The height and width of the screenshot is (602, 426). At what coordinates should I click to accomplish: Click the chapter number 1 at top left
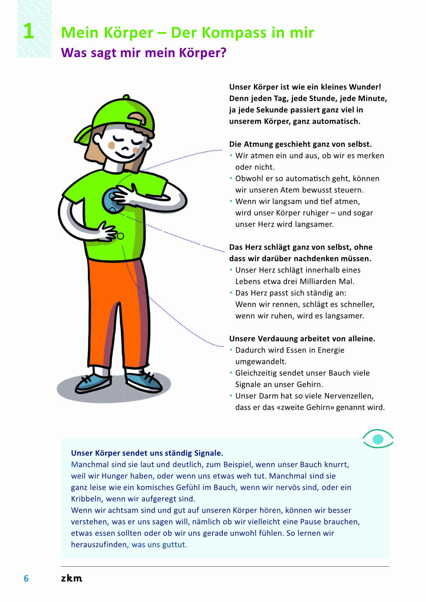[29, 31]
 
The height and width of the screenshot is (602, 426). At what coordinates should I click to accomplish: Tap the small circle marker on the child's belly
[121, 236]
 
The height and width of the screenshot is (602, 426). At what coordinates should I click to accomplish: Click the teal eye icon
[378, 439]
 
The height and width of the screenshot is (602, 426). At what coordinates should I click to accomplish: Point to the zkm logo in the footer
[72, 578]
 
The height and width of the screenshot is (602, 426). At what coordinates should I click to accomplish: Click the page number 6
[26, 578]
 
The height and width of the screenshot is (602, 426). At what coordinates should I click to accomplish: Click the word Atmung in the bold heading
[259, 144]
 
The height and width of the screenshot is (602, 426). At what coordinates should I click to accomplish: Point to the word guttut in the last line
[174, 545]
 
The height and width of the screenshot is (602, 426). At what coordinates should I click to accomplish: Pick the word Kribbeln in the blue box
[86, 499]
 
